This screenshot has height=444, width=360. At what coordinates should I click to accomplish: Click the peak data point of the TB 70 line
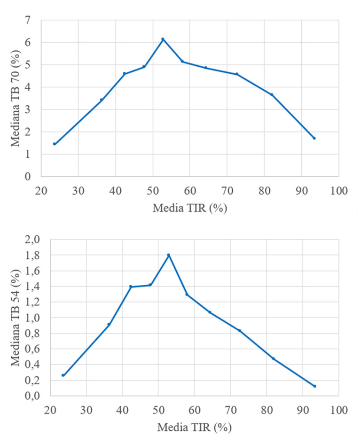(x=163, y=39)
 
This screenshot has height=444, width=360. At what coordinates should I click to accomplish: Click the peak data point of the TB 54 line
(x=168, y=255)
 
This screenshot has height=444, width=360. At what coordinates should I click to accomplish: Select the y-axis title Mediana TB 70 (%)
(x=16, y=98)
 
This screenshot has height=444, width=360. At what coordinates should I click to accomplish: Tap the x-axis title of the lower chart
(x=194, y=428)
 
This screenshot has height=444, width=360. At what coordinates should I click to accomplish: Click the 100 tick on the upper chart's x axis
(x=338, y=191)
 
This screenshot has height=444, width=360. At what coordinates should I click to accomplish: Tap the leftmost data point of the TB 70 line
(x=55, y=144)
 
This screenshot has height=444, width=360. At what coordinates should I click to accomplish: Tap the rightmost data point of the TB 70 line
(x=314, y=138)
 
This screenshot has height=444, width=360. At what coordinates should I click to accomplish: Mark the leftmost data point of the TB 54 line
(x=63, y=375)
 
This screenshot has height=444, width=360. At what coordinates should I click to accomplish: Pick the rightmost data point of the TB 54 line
(x=314, y=386)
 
